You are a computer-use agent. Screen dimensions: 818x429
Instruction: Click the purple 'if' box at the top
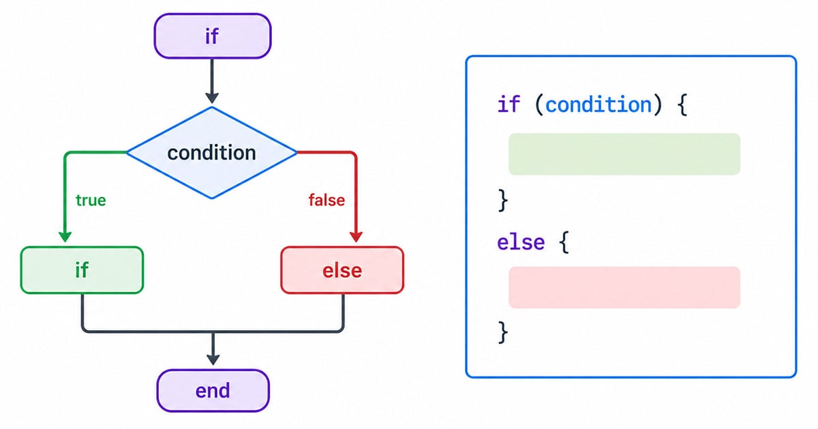pos(213,36)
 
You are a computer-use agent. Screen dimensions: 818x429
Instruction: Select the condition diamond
pos(212,153)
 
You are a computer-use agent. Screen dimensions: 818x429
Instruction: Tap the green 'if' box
pos(82,270)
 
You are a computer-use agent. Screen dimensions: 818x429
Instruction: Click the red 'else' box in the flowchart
pos(342,270)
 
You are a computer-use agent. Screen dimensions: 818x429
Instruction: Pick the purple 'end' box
pos(213,391)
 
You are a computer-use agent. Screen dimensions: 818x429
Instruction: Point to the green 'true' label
pos(91,201)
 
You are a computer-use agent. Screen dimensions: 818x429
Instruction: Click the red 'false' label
pos(327,201)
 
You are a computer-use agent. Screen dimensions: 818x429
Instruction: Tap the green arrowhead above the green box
pos(65,237)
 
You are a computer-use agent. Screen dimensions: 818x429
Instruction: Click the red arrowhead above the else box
pos(356,237)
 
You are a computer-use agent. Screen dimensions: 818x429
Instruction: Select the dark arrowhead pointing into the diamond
pos(212,98)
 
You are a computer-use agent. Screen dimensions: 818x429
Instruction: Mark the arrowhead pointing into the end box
pos(213,360)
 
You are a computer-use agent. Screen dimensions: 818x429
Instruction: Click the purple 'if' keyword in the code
pos(509,104)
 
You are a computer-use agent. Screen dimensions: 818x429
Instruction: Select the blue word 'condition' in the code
pos(599,105)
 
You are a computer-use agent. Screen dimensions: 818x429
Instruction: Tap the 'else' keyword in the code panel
pos(521,242)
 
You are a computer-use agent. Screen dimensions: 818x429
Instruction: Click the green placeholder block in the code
pos(624,154)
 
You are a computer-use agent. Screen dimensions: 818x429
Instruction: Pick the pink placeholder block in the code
pos(624,287)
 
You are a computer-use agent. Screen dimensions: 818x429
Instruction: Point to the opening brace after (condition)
pos(682,105)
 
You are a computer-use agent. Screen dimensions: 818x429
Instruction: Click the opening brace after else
pos(564,242)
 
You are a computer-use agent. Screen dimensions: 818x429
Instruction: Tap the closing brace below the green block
pos(503,201)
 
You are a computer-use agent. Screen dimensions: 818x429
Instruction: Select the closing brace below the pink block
pos(503,333)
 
